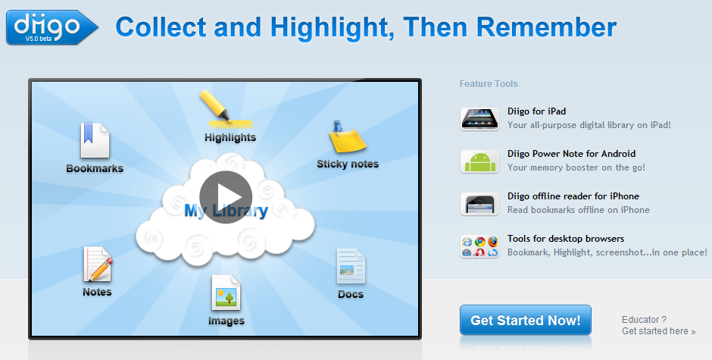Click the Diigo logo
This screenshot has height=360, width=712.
coord(52,27)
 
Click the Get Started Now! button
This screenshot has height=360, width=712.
coord(525,320)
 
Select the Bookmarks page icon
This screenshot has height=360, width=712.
coord(95,141)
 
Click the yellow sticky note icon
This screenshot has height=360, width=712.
coord(347,138)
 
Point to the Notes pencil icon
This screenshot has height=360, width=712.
coord(98,265)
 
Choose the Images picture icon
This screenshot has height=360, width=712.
coord(226,292)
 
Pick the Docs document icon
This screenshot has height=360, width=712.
coord(351,266)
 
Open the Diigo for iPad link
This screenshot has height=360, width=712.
coord(536,111)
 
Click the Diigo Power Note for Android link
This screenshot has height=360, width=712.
coord(571,154)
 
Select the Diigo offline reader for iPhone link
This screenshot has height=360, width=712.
coord(573,196)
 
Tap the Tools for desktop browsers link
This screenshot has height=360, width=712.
coord(565,239)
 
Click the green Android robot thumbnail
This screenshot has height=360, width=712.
coord(479,162)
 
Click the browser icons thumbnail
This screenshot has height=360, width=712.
coord(479,246)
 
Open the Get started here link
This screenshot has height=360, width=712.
coord(657,331)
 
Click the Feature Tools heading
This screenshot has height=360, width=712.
coord(489,84)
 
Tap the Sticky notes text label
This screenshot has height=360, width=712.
coord(348,164)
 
